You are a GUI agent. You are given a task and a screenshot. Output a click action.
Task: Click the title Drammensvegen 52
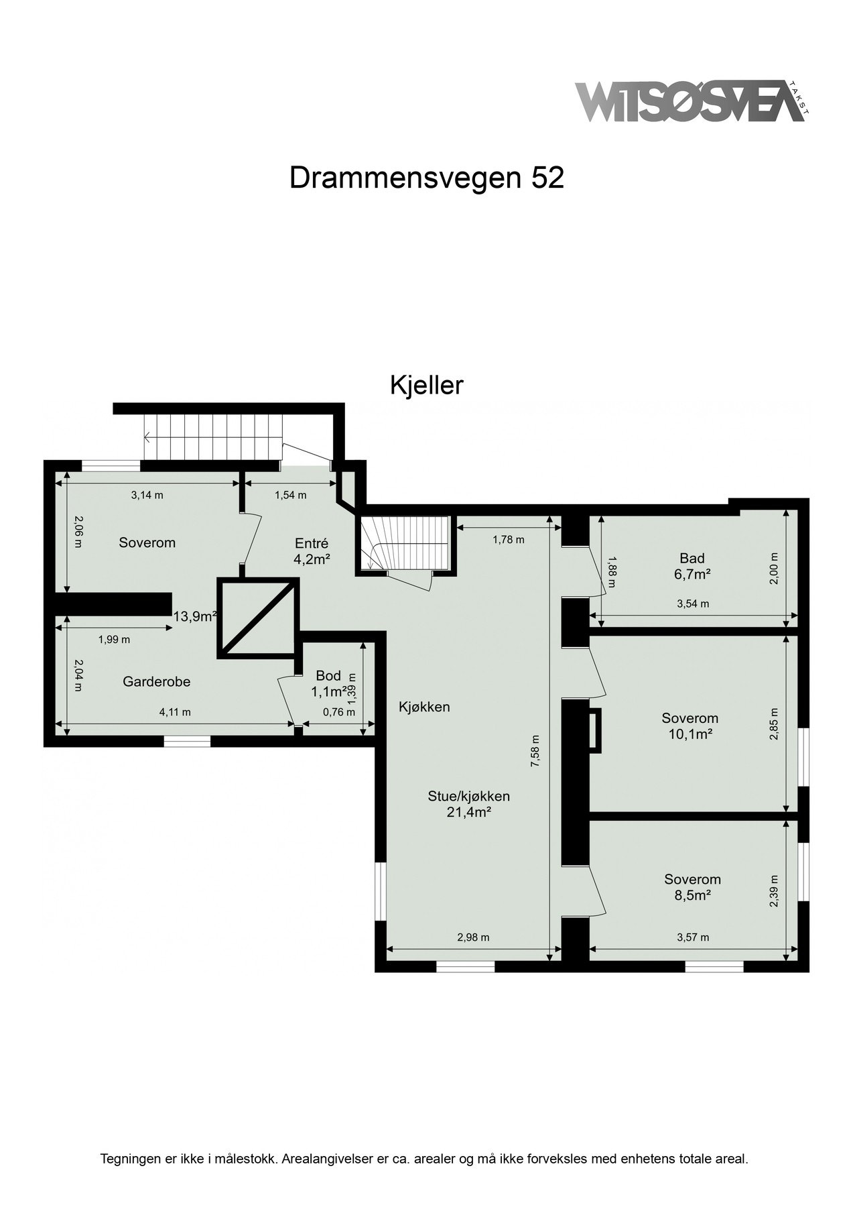pos(426,178)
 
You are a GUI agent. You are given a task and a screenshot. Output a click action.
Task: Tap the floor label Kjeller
pos(427,386)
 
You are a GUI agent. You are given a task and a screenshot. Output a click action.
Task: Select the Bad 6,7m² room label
pos(692,566)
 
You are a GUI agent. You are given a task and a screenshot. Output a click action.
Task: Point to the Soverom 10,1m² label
pos(690,726)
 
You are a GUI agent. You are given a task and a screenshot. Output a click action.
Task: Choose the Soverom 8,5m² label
pos(692,886)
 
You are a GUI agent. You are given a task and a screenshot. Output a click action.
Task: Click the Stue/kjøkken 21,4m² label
pos(469,804)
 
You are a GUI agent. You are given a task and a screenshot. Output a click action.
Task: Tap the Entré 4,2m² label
pos(312,550)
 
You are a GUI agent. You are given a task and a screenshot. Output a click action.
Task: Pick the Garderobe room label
pos(156,681)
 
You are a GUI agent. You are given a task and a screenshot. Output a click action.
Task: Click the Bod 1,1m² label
pos(328,683)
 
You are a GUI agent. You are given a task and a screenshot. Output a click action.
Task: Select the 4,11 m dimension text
pos(175,712)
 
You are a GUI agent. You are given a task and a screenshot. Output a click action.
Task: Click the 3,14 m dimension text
pos(147,496)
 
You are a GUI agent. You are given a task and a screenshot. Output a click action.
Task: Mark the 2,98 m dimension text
pos(473,937)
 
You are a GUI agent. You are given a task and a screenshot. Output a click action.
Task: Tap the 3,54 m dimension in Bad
pos(693,603)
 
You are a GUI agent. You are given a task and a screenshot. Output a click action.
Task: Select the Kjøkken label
pos(424,707)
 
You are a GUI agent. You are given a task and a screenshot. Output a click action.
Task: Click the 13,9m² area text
pos(194,616)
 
